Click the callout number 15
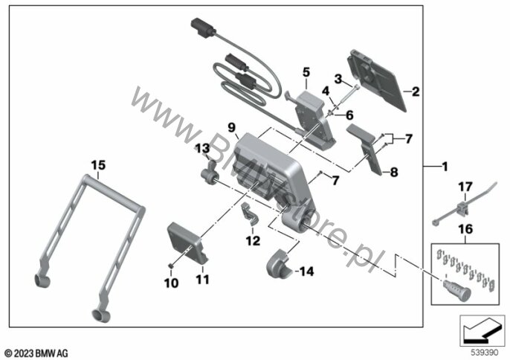98,165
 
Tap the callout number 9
231,127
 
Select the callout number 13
202,149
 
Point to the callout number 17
465,187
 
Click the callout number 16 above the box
465,229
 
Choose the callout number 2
416,91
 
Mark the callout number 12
253,240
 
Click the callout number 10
171,283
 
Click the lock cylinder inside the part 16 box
456,290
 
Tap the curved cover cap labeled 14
279,263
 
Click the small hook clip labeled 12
250,213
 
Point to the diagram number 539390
485,353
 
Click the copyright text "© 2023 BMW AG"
36,353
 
